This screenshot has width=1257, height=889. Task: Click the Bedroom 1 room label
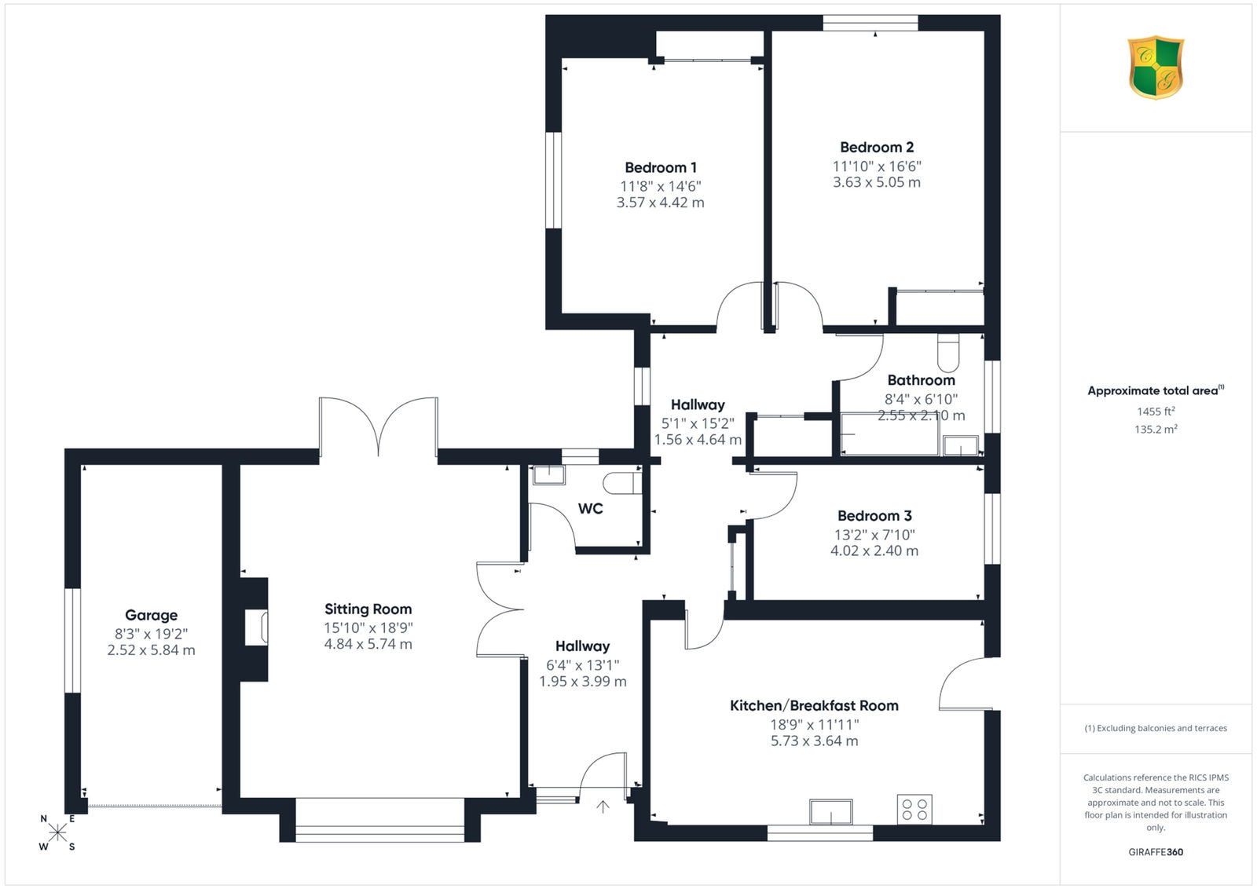(661, 168)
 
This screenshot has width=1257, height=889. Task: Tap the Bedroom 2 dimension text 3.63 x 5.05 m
(877, 182)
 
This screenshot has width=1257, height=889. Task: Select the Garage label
(151, 615)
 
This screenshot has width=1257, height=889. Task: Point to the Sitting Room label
(368, 609)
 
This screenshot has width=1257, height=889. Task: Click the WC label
(590, 509)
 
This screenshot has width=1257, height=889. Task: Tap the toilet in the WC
(622, 483)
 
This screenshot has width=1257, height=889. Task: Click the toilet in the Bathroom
(948, 353)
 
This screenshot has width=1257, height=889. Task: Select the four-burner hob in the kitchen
(914, 810)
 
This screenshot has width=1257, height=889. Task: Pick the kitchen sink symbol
(831, 811)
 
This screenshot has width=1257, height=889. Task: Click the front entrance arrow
(603, 807)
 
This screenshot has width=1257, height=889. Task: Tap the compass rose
(57, 832)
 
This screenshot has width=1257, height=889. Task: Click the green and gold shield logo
(1156, 68)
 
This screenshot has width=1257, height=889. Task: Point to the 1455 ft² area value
(1156, 412)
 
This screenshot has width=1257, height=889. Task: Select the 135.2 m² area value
(1156, 429)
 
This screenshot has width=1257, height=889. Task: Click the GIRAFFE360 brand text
(1156, 852)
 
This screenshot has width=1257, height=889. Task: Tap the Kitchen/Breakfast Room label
(814, 705)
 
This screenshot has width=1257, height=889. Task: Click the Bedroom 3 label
(874, 516)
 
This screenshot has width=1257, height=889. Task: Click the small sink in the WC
(548, 475)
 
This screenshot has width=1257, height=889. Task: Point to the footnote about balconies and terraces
(1156, 728)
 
